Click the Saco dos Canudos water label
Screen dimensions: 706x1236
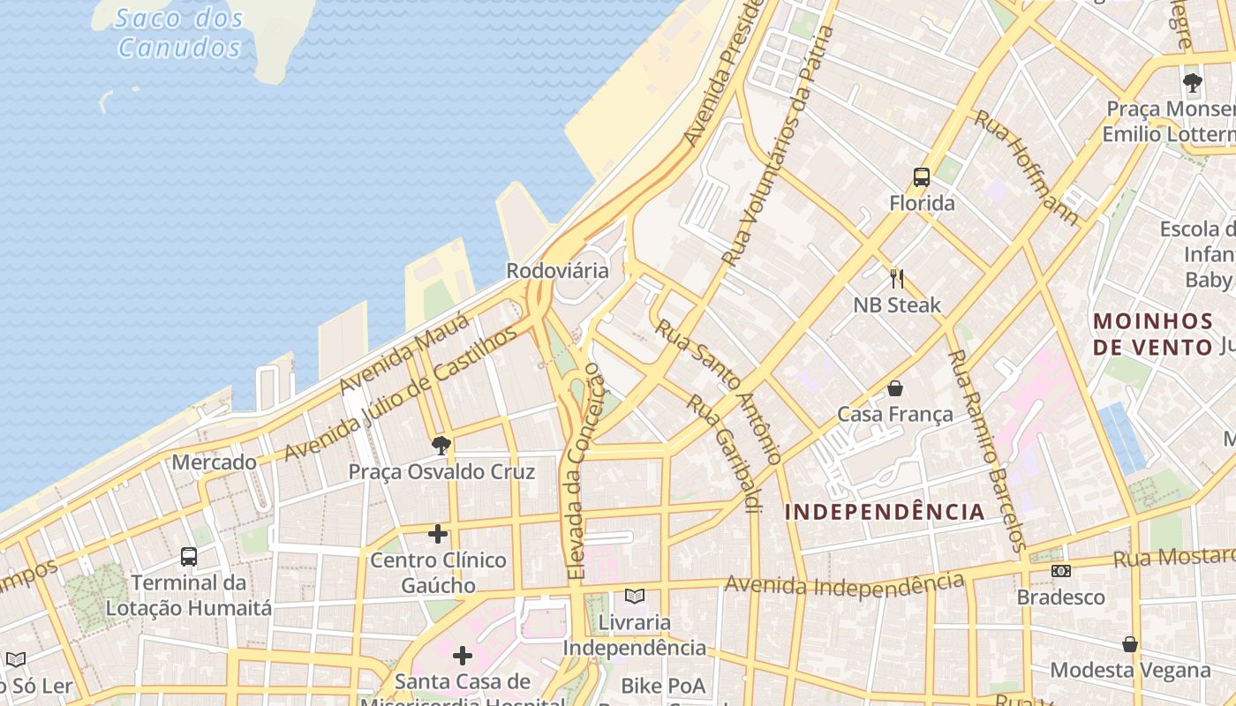coord(179,33)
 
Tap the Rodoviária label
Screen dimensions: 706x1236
coord(557,271)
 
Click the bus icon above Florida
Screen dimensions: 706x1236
coord(922,177)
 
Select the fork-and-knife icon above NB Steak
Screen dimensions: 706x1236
coord(897,279)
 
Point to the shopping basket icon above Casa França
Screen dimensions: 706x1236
coord(895,388)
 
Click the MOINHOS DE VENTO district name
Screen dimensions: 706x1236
coord(1153,334)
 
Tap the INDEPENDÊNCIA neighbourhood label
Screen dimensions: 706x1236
coord(885,512)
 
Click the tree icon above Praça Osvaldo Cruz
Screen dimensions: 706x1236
coord(441,446)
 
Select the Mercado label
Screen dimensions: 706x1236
coord(215,462)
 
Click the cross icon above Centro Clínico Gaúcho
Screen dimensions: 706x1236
coord(438,534)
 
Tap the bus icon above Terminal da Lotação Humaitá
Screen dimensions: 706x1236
coord(189,556)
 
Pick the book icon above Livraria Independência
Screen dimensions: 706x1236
coord(635,596)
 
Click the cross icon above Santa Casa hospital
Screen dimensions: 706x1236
coord(463,656)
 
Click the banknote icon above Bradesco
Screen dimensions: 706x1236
coord(1061,571)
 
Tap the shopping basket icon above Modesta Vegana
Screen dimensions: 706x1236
coord(1130,643)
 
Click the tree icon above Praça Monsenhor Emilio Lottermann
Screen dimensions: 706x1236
coord(1193,84)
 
